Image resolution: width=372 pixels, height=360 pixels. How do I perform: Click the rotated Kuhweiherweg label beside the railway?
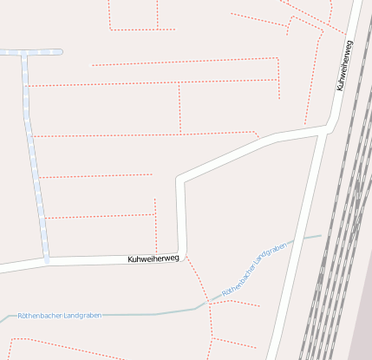[344, 66]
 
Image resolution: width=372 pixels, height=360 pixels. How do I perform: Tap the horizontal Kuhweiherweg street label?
[153, 259]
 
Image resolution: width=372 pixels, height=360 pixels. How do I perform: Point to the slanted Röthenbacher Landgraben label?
[254, 271]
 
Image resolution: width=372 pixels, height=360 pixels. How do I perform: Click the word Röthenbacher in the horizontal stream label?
[41, 315]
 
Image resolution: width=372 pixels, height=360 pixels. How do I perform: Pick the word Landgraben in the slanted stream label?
[269, 259]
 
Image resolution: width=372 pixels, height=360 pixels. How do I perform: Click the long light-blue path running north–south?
[34, 156]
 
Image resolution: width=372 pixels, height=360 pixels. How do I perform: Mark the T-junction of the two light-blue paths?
[24, 53]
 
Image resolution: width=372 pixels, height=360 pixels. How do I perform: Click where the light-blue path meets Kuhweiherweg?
[46, 260]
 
